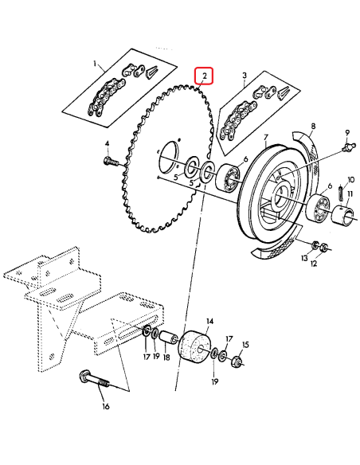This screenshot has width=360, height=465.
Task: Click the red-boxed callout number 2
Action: pyautogui.click(x=205, y=76)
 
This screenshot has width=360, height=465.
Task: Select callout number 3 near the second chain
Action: pyautogui.click(x=245, y=75)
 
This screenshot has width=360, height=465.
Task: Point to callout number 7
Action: pyautogui.click(x=266, y=136)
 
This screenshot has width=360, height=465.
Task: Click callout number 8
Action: pyautogui.click(x=313, y=126)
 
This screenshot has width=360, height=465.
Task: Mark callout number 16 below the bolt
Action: pyautogui.click(x=105, y=407)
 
